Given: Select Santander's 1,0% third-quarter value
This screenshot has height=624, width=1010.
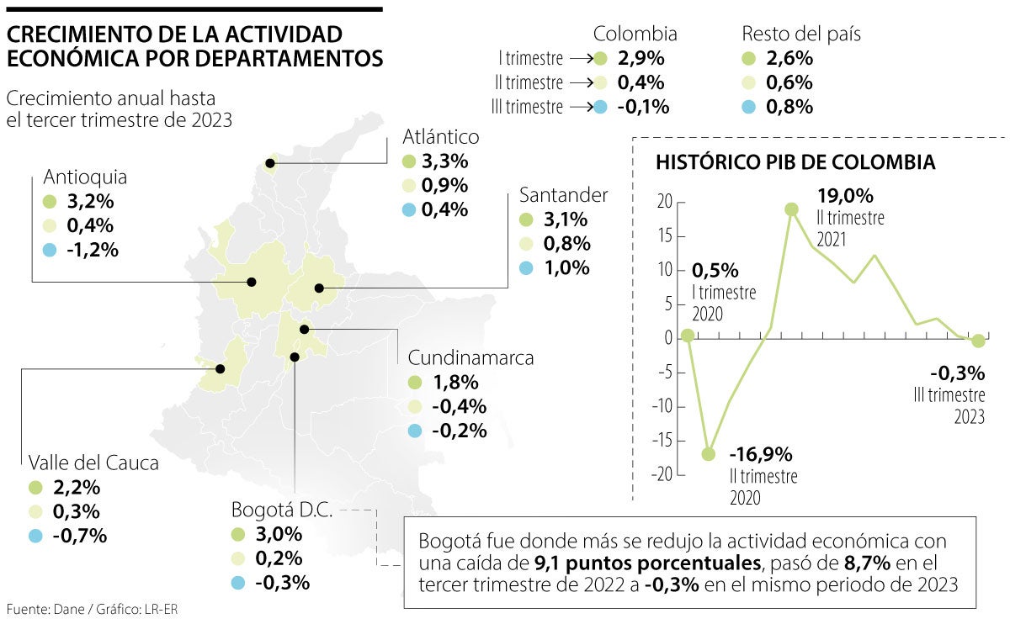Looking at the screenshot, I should (x=566, y=269).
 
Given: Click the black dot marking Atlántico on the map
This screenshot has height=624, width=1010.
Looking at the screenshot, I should (x=270, y=163).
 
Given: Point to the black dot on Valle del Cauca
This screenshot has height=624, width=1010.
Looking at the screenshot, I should (x=221, y=368).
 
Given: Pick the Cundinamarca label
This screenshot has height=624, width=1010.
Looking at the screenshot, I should (x=470, y=357).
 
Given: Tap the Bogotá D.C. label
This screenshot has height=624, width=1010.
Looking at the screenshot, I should (x=282, y=510).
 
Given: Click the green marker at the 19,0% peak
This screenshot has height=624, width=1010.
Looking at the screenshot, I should (x=791, y=209).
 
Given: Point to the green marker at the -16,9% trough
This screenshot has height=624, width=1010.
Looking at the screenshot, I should (x=709, y=454).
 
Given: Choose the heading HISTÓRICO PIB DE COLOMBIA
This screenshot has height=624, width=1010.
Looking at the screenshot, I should (x=795, y=162).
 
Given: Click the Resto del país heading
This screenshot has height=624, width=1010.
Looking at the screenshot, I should (x=800, y=34).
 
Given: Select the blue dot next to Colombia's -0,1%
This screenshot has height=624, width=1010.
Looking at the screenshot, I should (x=599, y=107).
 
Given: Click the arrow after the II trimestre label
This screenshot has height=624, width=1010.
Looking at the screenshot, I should (x=579, y=83).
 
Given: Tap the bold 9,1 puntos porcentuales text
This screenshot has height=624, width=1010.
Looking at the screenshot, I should (x=647, y=562).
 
